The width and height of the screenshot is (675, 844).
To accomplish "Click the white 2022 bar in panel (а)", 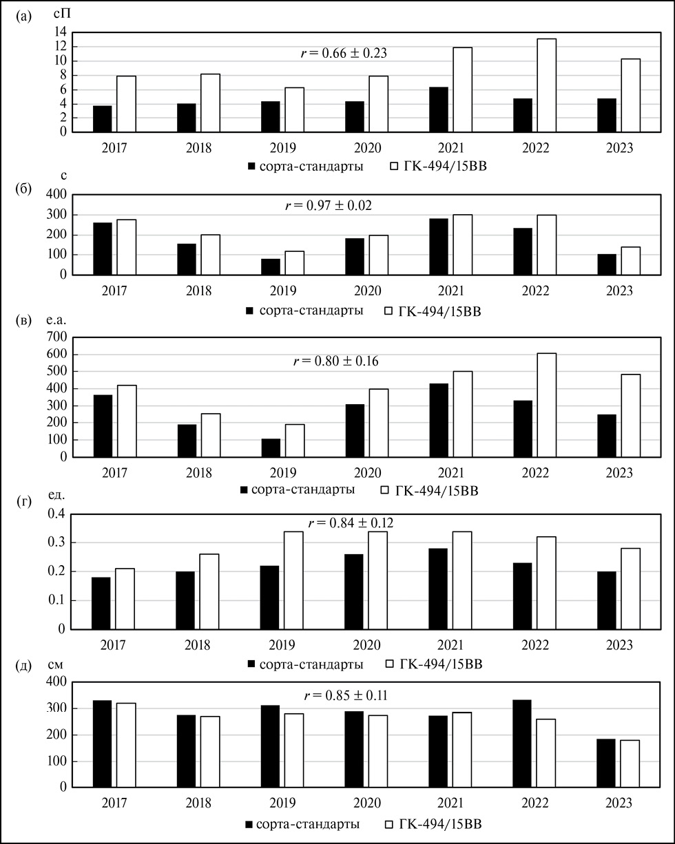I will pyautogui.click(x=547, y=85).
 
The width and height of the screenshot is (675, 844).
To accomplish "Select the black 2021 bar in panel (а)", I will pyautogui.click(x=439, y=109).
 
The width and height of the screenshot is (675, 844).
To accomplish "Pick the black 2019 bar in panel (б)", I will pyautogui.click(x=271, y=266).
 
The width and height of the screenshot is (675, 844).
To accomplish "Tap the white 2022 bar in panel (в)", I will pyautogui.click(x=547, y=405).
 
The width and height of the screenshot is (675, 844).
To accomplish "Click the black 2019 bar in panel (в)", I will pyautogui.click(x=271, y=448).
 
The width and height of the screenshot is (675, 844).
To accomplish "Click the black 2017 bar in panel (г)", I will pyautogui.click(x=102, y=603).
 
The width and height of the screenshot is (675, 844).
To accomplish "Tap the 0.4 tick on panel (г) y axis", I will pyautogui.click(x=55, y=514).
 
